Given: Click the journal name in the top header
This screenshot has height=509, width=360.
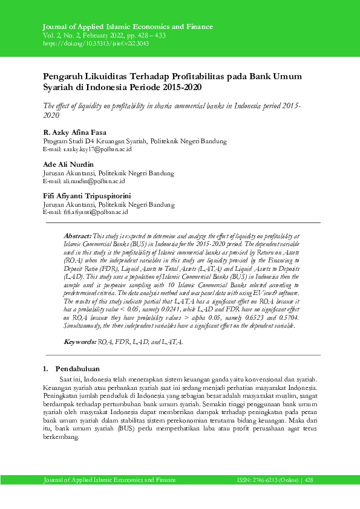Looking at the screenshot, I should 128,27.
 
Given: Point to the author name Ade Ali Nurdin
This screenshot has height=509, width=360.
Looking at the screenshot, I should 68,164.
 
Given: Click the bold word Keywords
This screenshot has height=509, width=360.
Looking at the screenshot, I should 80,342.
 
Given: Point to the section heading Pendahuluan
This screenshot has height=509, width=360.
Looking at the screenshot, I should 78,369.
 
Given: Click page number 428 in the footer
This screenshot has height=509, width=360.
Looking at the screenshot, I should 309,479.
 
